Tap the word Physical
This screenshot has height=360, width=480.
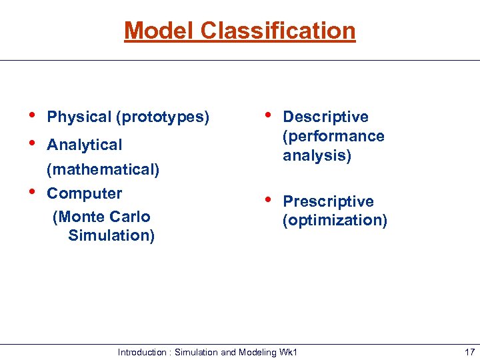point(79,117)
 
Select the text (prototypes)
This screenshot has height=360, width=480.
point(163,117)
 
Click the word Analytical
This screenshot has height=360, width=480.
point(84,145)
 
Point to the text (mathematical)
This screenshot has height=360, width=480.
point(103,169)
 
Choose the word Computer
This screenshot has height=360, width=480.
point(84,194)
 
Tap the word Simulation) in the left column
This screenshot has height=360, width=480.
point(111,235)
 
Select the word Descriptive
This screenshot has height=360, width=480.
point(325,117)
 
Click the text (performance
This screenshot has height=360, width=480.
point(333,136)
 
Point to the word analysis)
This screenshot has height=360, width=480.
point(317,155)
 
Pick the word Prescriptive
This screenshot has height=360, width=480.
point(328,201)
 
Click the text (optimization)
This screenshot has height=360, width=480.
point(335,220)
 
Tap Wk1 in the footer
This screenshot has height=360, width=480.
point(288,351)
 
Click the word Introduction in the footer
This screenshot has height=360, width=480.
point(142,351)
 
